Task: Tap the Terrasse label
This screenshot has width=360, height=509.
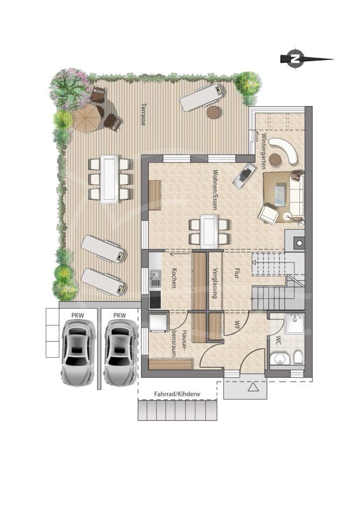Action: coord(143,114)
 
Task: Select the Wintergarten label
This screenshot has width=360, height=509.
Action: coord(263,151)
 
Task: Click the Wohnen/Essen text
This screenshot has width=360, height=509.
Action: coord(215,189)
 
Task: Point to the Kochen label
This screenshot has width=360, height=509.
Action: coord(174,278)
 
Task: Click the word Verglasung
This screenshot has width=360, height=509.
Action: coord(214,283)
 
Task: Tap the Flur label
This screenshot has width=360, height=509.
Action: coord(236,273)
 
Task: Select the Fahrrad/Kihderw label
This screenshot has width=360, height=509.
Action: coord(177,394)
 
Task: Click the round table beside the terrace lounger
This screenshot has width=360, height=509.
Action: coord(214,112)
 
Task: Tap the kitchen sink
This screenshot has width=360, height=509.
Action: coord(155,276)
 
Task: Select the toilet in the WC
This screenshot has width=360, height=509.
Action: coord(298,357)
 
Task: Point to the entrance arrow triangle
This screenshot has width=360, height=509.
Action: coord(252,387)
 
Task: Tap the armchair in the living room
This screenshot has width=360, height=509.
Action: coord(269,213)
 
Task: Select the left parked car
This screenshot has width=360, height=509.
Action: coord(78,352)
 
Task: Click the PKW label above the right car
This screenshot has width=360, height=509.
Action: coord(120,315)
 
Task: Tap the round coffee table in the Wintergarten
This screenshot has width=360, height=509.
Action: coord(275,159)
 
